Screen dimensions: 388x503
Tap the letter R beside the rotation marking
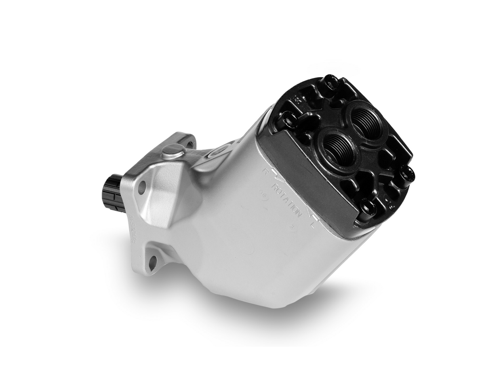(265, 171)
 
